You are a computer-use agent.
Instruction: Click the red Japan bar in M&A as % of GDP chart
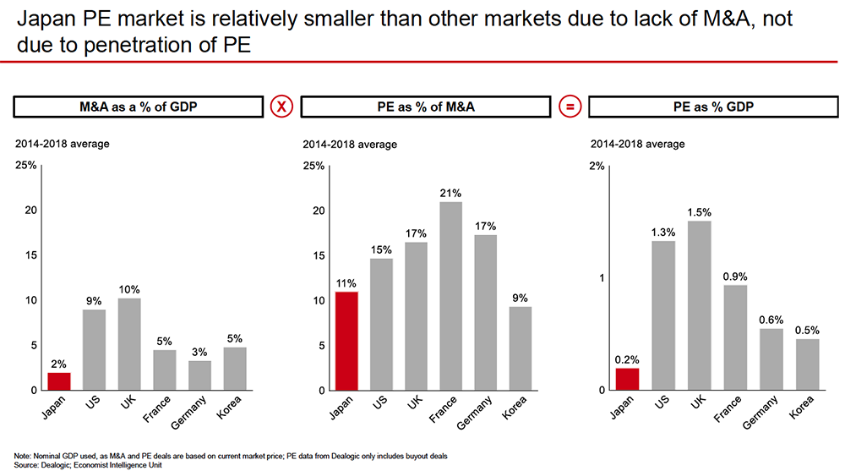coord(59,381)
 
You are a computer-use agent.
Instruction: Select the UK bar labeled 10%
coord(129,344)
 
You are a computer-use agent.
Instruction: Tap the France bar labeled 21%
coord(451,296)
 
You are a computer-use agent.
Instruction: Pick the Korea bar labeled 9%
coord(521,348)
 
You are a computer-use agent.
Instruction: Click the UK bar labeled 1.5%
coord(701,305)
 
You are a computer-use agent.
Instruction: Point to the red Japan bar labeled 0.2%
coord(628,379)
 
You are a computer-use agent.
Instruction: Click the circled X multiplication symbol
coord(281,107)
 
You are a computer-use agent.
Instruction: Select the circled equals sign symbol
coord(570,107)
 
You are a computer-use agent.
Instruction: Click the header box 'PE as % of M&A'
coord(425,107)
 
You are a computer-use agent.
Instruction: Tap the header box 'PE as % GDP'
coord(713,107)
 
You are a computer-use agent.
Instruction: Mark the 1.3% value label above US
coord(663,233)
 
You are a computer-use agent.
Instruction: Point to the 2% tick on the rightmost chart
coord(597,166)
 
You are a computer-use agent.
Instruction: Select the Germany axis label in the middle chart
coord(480,412)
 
